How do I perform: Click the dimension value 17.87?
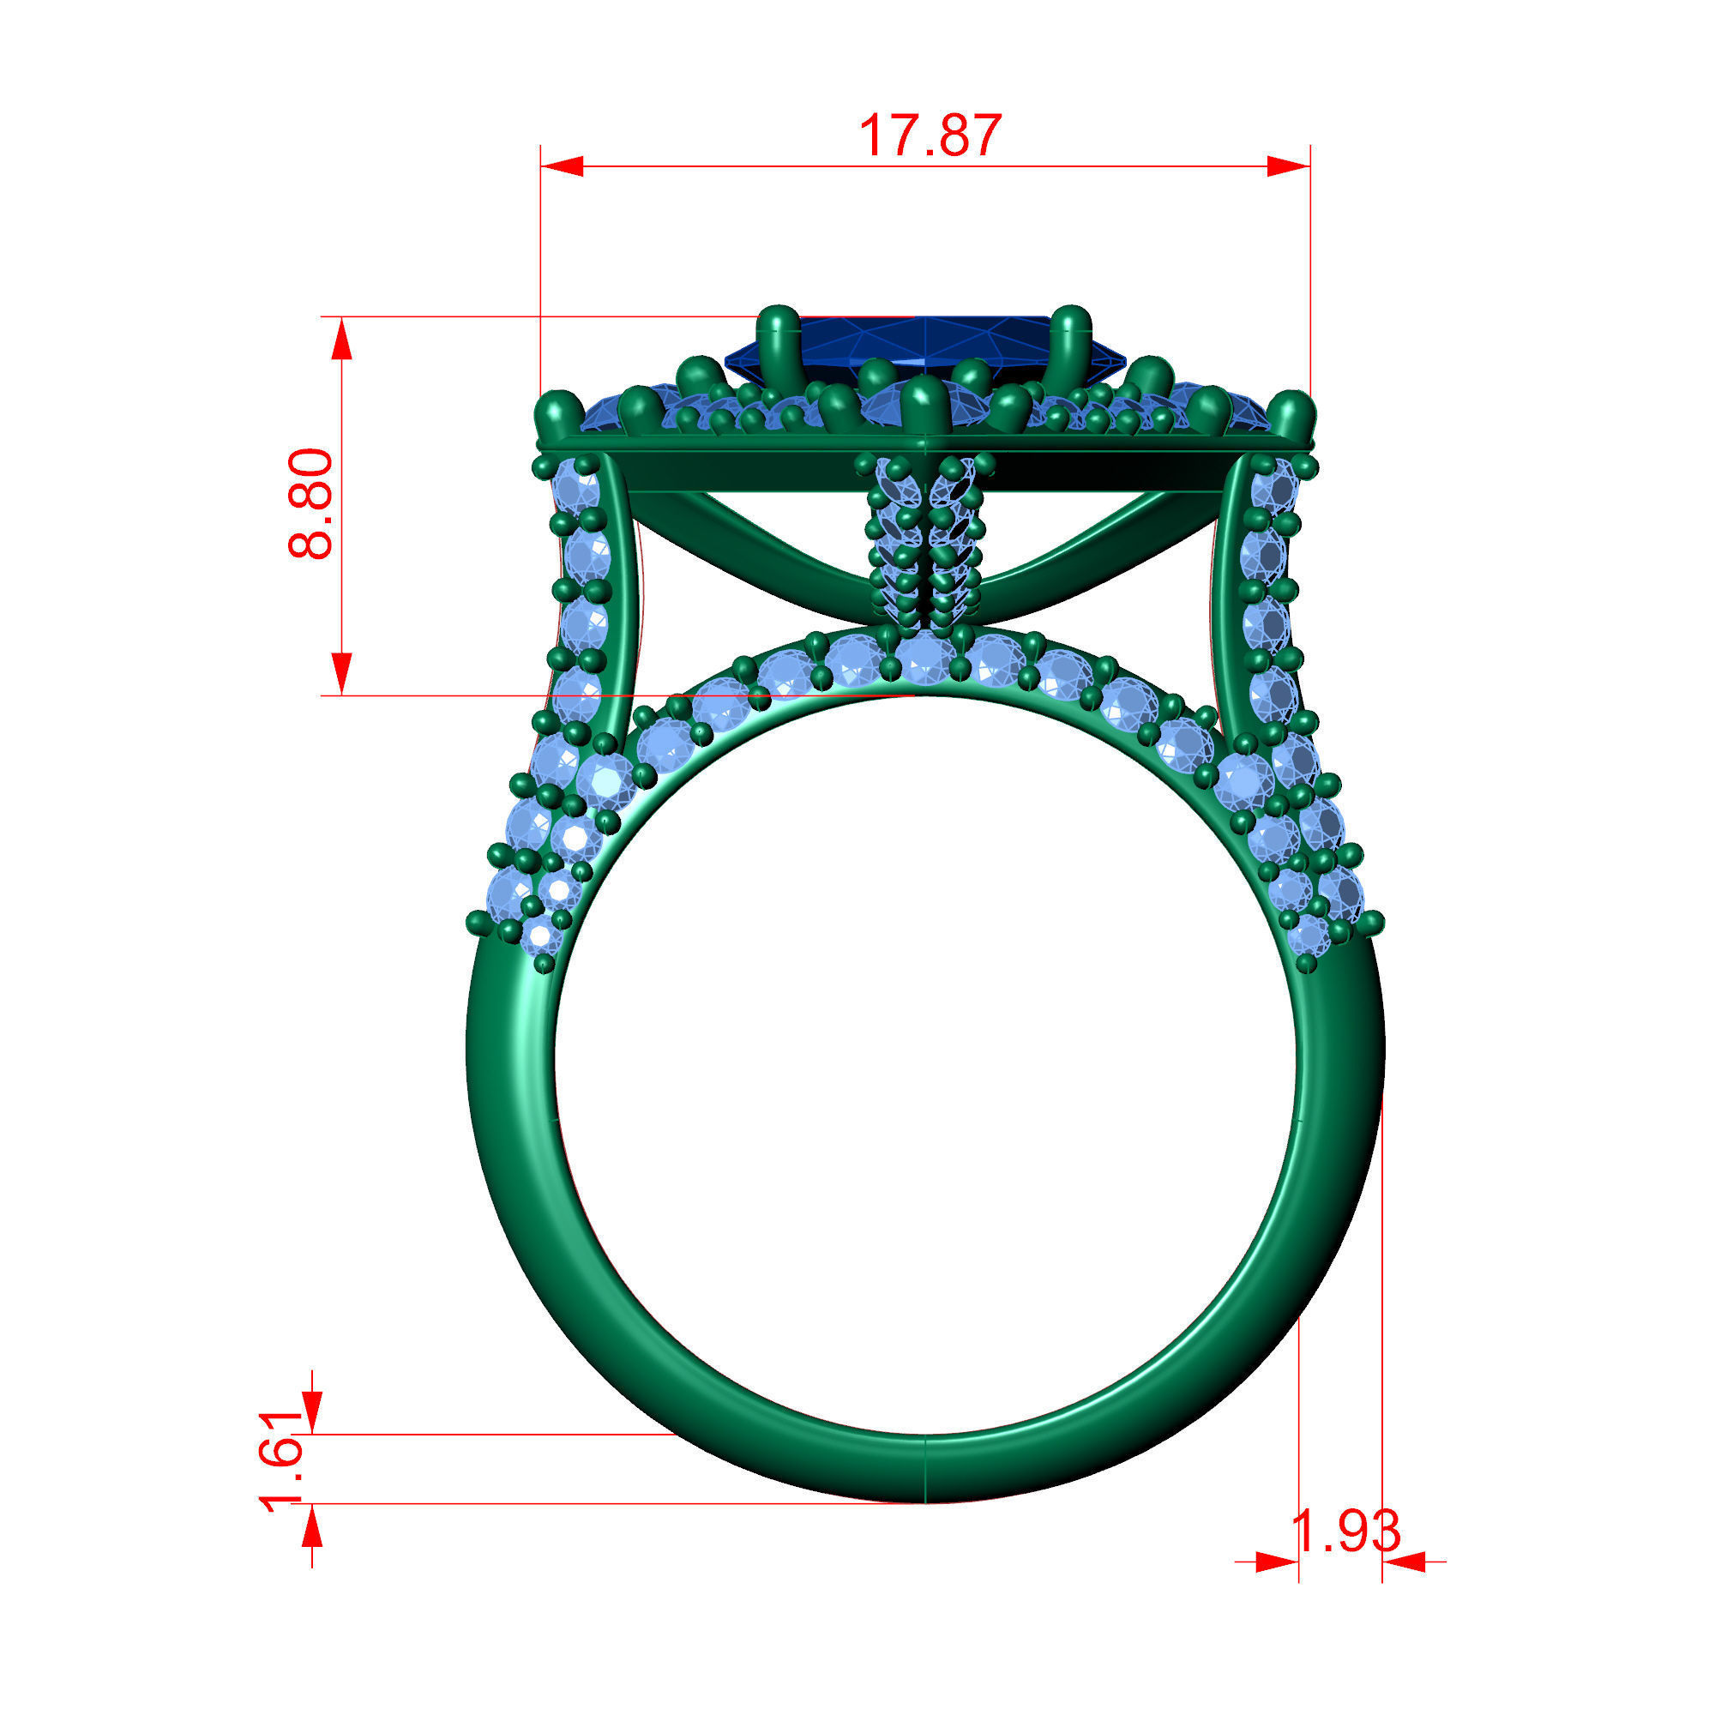pos(930,135)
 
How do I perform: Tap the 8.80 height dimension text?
pos(311,503)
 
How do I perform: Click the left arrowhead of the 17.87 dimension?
pos(561,166)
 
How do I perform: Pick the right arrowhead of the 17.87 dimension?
pos(1289,166)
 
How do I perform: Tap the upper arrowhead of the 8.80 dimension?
pos(342,339)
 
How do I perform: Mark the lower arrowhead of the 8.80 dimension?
pos(342,674)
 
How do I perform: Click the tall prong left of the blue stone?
pos(780,342)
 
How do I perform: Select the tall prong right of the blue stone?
pos(1070,342)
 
